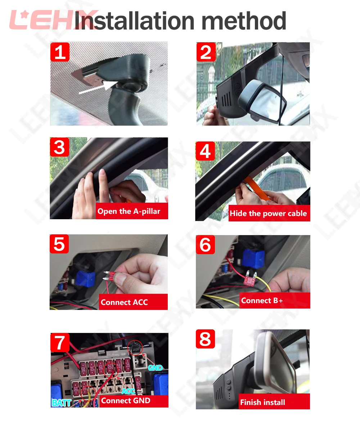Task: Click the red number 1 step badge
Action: coord(60,52)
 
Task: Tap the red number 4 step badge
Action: coord(205,151)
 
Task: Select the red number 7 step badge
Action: coord(60,342)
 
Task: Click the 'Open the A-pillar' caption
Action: coord(129,211)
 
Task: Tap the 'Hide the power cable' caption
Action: coord(268,213)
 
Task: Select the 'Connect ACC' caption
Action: coord(124,302)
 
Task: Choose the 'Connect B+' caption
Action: coord(262,300)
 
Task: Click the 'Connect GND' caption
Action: coord(126,401)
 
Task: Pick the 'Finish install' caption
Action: coord(262,402)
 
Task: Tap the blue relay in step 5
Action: coord(85,279)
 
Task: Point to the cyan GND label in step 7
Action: coord(155,368)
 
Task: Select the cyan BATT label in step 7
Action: coord(62,402)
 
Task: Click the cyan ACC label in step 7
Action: coord(128,391)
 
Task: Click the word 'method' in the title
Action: coord(244,21)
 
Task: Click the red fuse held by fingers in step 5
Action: coord(111,276)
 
